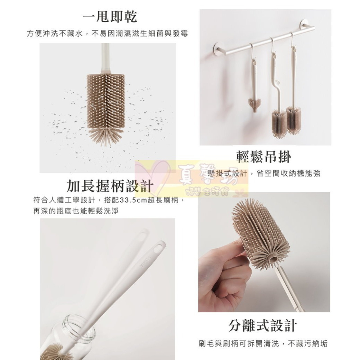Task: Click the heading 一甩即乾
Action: pyautogui.click(x=110, y=17)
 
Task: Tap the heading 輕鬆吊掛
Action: pyautogui.click(x=264, y=156)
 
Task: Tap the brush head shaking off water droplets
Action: pyautogui.click(x=107, y=104)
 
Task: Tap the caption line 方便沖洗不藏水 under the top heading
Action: pyautogui.click(x=56, y=33)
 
